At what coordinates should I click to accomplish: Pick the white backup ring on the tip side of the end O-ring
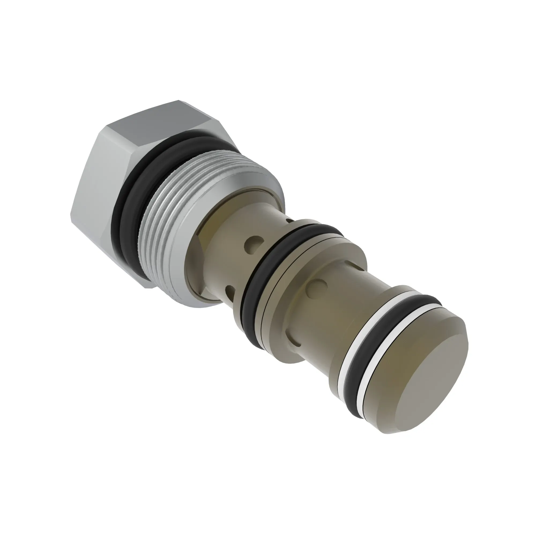(369, 369)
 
